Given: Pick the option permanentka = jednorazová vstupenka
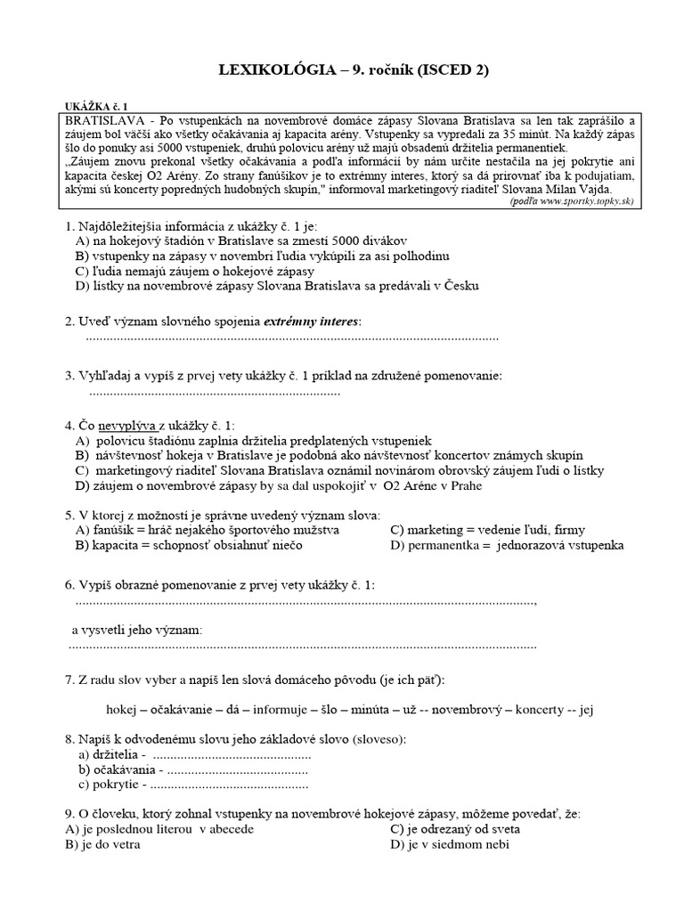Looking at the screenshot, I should [x=507, y=545].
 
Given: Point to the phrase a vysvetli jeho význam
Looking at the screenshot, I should [x=137, y=631].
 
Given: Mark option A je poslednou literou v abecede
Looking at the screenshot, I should [x=160, y=828].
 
